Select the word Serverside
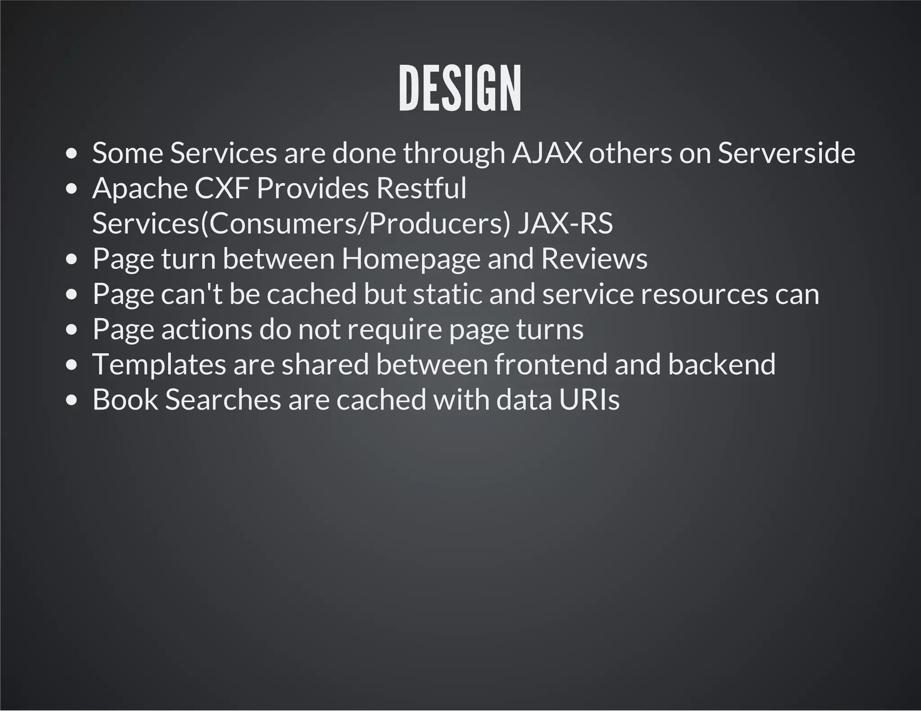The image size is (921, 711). point(786,153)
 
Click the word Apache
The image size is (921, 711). point(140,188)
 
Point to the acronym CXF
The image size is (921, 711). point(222,188)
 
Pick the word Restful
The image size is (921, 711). point(421,188)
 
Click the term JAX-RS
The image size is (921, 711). point(565,223)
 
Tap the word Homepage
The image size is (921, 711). point(411,259)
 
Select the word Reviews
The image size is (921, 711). point(594,259)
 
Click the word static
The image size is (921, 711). point(447,294)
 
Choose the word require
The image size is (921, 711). point(395,329)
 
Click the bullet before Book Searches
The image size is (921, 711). point(72,400)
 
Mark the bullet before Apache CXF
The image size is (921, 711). point(72,189)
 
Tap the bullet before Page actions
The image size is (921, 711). point(72,330)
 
